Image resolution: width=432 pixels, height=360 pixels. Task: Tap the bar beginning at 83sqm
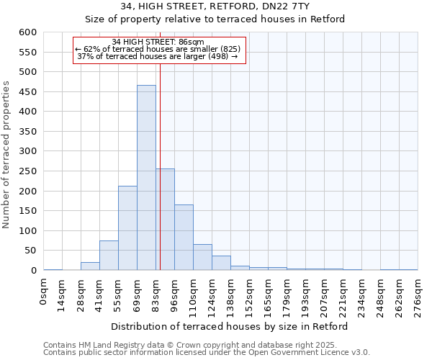click(x=166, y=220)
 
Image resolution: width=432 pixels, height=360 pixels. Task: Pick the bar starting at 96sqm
click(x=184, y=238)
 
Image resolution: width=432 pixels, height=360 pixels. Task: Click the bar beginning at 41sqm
click(x=109, y=256)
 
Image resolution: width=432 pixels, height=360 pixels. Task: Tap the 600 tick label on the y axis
click(x=27, y=32)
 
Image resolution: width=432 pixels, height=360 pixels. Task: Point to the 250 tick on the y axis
click(x=27, y=171)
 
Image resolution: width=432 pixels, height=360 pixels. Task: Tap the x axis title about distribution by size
click(x=230, y=326)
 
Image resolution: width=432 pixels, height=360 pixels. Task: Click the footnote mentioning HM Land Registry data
click(x=206, y=345)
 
